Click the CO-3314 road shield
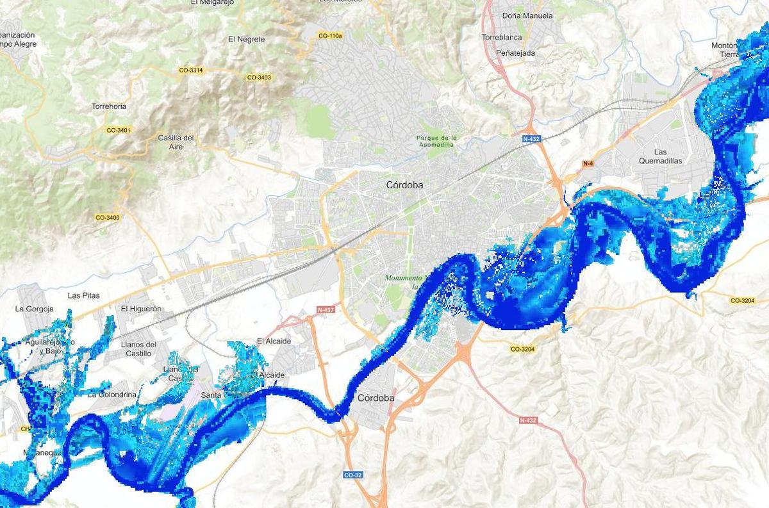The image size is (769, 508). click(x=191, y=70)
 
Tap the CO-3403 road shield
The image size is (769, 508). click(x=259, y=78)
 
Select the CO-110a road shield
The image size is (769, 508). click(x=330, y=36)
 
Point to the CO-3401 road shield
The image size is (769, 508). click(x=119, y=130)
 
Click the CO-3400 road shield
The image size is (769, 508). click(x=107, y=218)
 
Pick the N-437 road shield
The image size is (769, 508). click(x=326, y=310)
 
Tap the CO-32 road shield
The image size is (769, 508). click(x=353, y=475)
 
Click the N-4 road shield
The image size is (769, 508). click(x=588, y=164)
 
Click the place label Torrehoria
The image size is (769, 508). click(x=109, y=106)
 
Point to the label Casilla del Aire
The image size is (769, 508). click(x=176, y=142)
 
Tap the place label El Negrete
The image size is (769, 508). click(x=246, y=39)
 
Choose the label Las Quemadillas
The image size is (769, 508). click(x=660, y=156)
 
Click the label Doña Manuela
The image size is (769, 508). click(x=527, y=16)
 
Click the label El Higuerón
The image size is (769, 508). click(x=141, y=309)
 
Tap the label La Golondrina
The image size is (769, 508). click(x=112, y=395)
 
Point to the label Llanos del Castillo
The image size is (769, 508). click(x=138, y=349)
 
